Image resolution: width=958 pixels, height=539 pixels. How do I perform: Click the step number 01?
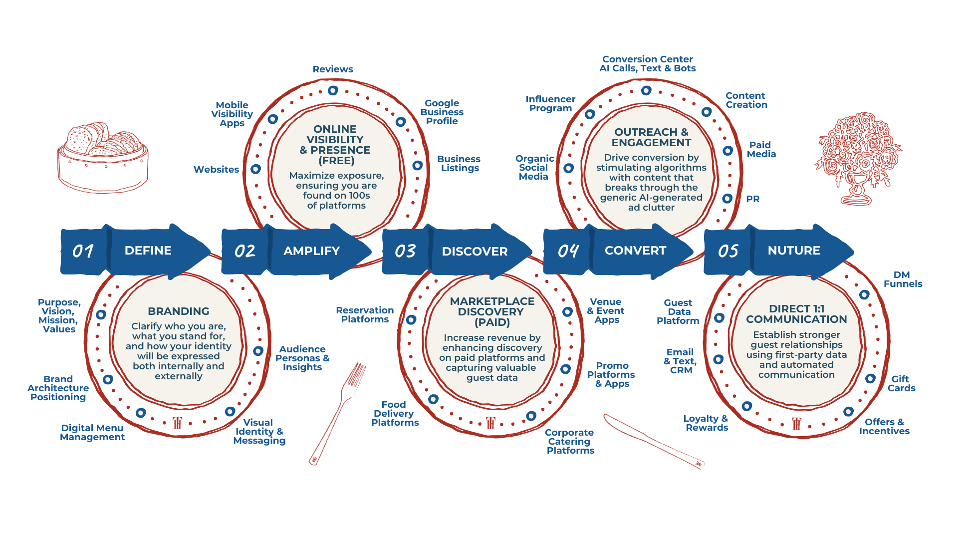83,251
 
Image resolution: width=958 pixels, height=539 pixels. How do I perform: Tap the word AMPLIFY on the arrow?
311,251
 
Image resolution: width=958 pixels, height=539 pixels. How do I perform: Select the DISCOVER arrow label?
475,251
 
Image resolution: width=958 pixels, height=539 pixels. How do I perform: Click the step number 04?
568,251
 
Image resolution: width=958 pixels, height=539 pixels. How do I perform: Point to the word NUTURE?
793,250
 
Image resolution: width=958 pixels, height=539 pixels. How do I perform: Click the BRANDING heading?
179,311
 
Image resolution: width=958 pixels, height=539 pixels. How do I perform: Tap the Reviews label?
333,69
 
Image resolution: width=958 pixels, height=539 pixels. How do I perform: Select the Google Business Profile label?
442,112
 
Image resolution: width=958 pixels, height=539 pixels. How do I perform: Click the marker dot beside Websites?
255,169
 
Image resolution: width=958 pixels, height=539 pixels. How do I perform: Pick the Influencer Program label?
550,103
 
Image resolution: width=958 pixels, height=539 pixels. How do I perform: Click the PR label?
752,199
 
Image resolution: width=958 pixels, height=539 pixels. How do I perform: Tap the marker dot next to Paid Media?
728,151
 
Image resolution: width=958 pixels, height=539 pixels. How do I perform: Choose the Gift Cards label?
901,383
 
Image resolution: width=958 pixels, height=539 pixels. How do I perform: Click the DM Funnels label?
903,279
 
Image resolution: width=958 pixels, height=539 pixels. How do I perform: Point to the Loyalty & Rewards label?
706,423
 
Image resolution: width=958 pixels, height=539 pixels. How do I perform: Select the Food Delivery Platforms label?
395,413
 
